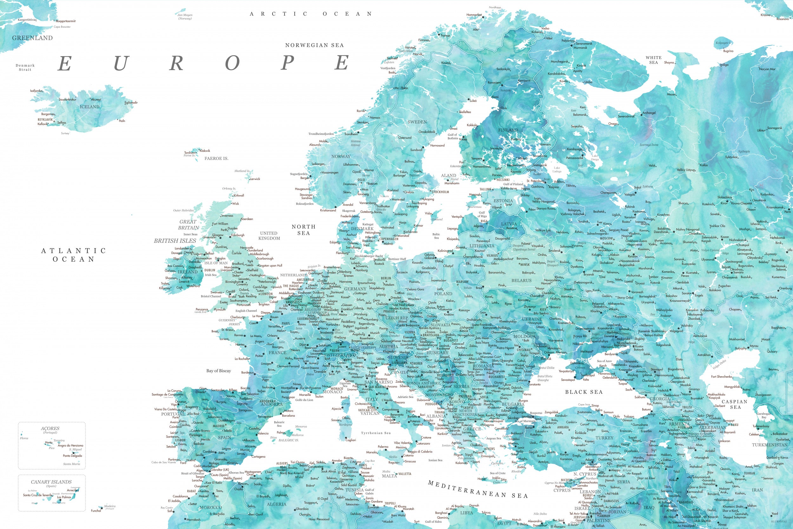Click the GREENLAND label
point(32,38)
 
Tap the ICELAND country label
point(89,107)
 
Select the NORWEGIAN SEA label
point(314,45)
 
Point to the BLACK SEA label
point(584,392)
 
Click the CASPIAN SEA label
point(734,404)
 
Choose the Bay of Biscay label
point(219,371)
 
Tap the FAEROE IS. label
point(216,158)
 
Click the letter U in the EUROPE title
point(120,63)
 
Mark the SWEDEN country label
point(417,122)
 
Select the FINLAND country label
point(508,130)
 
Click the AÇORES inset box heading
point(50,428)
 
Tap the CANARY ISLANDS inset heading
point(51,482)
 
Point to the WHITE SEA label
point(653,60)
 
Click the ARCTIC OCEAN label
point(311,14)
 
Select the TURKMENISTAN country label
point(769,445)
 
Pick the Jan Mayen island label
point(185,17)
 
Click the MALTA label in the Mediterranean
point(390,476)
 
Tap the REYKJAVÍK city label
point(45,120)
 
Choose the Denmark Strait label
point(25,68)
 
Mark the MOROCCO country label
point(211,507)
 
